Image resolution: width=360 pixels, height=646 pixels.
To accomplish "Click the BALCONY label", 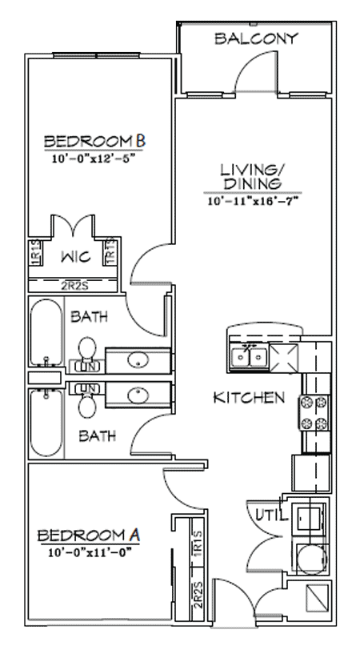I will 256,38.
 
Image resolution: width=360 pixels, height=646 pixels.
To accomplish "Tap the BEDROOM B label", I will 94,142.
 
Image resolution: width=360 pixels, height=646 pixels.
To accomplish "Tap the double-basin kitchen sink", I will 247,355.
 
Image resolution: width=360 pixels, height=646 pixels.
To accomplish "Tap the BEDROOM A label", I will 83,535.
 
